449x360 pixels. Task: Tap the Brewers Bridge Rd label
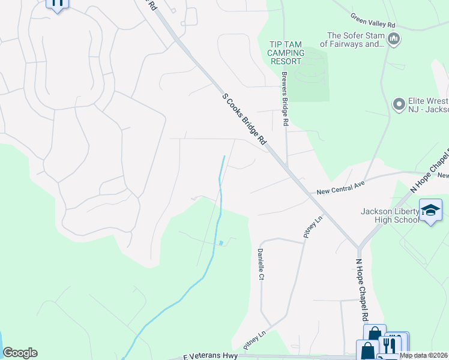tap(286, 99)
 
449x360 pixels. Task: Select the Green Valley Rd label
tap(373, 25)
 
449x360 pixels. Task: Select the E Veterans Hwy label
tap(206, 355)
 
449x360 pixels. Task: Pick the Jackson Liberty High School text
tap(390, 215)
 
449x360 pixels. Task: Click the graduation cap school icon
tap(430, 211)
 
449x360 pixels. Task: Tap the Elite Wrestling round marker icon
tap(399, 105)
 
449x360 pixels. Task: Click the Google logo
tap(20, 353)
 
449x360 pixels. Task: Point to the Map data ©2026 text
tap(423, 355)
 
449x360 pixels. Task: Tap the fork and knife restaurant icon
tap(390, 345)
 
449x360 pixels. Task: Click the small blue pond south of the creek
tap(221, 243)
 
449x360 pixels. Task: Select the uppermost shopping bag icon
tap(375, 334)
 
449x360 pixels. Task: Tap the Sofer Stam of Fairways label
tap(352, 40)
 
